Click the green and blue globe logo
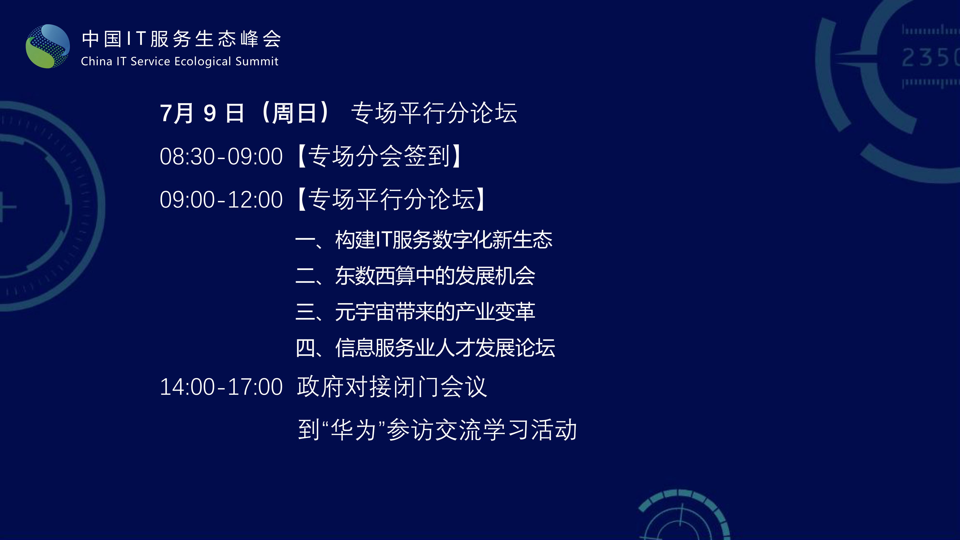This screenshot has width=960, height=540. [x=48, y=46]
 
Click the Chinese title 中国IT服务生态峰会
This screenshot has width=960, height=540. [x=181, y=39]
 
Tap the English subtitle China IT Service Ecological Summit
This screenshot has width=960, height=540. [x=180, y=61]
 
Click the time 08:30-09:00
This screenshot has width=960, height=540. [x=221, y=156]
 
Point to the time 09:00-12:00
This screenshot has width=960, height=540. [x=221, y=200]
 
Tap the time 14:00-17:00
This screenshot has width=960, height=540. [x=221, y=387]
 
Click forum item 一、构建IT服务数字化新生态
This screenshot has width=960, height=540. [x=424, y=240]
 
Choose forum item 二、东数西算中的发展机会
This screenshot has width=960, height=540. [x=415, y=276]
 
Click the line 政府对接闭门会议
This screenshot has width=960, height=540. [x=392, y=387]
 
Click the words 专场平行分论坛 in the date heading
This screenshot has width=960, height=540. [x=434, y=113]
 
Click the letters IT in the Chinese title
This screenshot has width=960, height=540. [x=136, y=39]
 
